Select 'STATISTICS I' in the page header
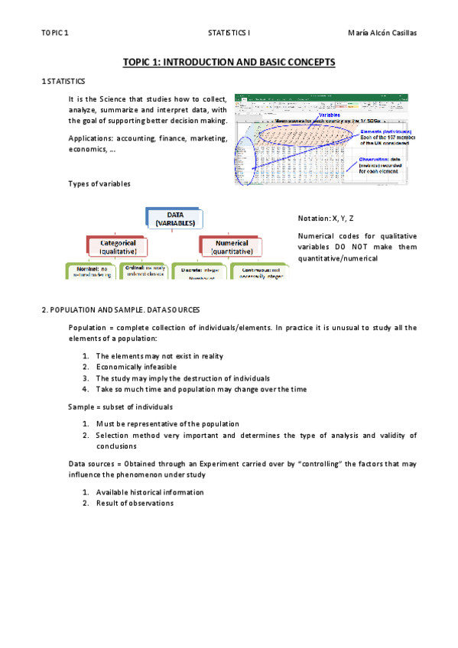click(x=229, y=33)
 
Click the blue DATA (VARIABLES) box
click(x=175, y=219)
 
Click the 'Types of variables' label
click(x=99, y=183)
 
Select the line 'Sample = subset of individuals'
click(x=120, y=407)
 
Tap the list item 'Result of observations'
click(x=134, y=503)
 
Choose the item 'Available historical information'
click(x=149, y=492)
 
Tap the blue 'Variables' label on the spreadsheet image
click(x=331, y=115)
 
